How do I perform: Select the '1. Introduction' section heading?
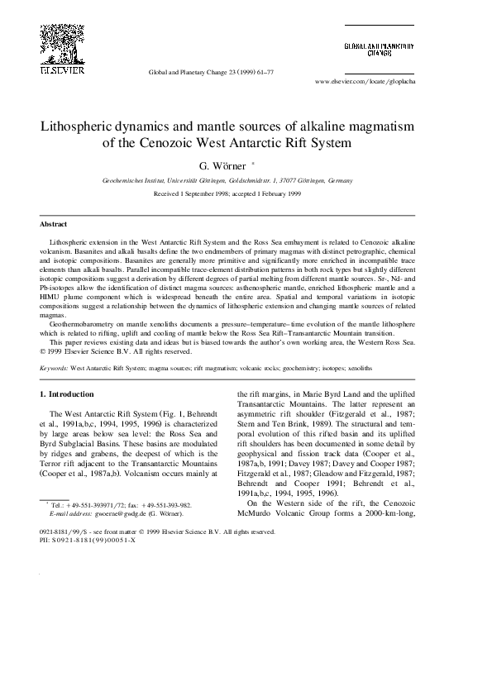click(x=67, y=394)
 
